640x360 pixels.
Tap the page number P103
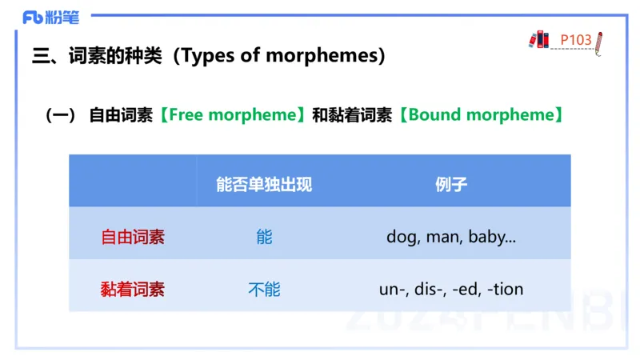coord(575,39)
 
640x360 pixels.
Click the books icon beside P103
coord(540,39)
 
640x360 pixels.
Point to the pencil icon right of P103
coord(599,43)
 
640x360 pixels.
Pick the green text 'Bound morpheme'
coord(481,114)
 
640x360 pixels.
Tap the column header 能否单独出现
coord(264,184)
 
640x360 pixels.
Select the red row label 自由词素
coord(133,237)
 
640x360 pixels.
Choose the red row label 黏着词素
coord(133,289)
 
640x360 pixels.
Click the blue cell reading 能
coord(264,237)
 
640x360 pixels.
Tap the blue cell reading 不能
coord(264,289)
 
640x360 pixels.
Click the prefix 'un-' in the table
coord(393,289)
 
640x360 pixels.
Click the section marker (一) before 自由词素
coord(60,114)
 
